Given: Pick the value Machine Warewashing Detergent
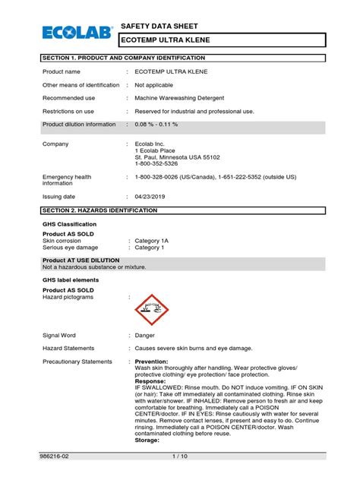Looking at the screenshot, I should [185, 98].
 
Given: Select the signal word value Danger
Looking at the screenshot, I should [145, 335].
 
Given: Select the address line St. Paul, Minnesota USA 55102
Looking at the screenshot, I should [177, 156].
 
